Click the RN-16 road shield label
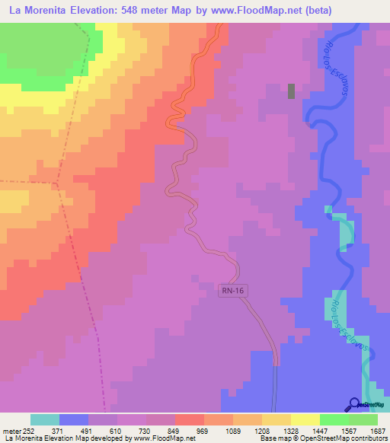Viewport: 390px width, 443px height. click(234, 290)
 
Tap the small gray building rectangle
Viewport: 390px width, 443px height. click(292, 91)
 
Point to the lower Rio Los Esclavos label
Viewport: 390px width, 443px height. click(350, 326)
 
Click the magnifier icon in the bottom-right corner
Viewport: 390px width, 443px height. click(354, 404)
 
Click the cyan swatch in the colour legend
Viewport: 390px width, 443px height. click(45, 419)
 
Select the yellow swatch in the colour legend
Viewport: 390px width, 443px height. click(305, 419)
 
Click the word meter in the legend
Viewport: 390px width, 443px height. click(12, 431)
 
